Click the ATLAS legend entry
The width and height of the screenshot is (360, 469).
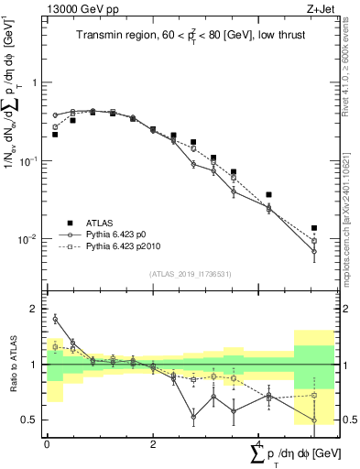pyautogui.click(x=102, y=223)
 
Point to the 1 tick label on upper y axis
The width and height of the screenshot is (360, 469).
pyautogui.click(x=36, y=82)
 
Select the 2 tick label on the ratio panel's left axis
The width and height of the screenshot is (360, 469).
pyautogui.click(x=36, y=309)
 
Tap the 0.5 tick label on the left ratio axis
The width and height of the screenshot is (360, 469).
pyautogui.click(x=32, y=420)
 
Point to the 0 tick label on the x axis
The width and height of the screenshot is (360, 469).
pyautogui.click(x=48, y=444)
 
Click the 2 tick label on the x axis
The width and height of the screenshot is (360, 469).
pyautogui.click(x=152, y=444)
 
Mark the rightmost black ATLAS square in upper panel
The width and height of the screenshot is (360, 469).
pyautogui.click(x=314, y=228)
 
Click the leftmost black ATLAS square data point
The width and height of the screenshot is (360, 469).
pyautogui.click(x=55, y=135)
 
